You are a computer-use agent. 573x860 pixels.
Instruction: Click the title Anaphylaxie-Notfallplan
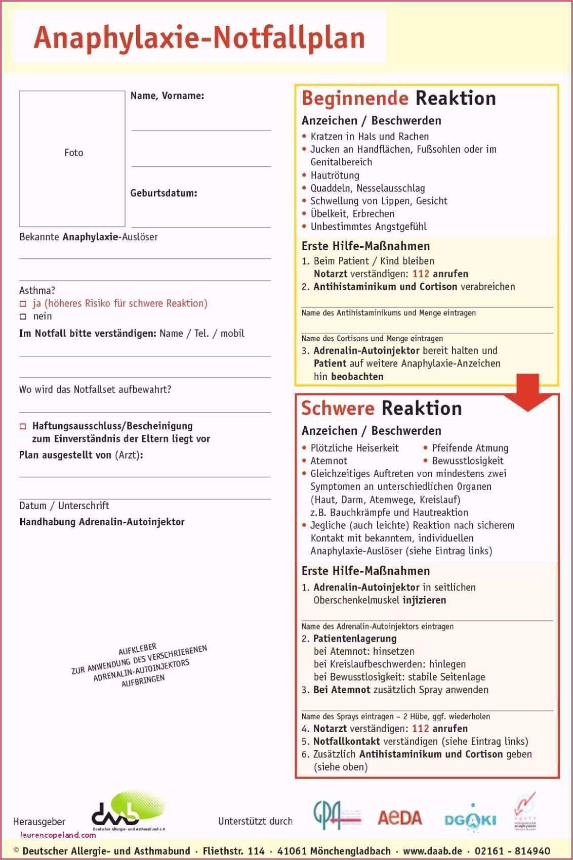[x=199, y=38]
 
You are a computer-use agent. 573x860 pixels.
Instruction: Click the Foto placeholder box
[x=72, y=158]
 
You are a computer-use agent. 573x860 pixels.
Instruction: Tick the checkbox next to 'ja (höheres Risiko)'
[x=23, y=304]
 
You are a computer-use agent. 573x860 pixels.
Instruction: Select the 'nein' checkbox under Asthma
[x=23, y=316]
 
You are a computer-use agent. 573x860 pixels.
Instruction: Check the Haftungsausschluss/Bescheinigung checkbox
[x=23, y=426]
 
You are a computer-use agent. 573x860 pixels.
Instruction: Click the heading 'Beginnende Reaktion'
[x=398, y=98]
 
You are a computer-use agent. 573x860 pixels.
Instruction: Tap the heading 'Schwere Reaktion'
[x=381, y=408]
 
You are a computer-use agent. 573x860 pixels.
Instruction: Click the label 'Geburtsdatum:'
[x=163, y=193]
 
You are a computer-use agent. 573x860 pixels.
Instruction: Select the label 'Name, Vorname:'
[x=167, y=96]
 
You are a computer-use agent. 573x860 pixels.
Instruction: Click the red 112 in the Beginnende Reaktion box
[x=421, y=274]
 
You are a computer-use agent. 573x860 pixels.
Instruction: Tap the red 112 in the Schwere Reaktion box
[x=420, y=729]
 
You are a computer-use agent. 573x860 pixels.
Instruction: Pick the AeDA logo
[x=399, y=818]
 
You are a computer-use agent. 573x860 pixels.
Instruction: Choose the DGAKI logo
[x=470, y=819]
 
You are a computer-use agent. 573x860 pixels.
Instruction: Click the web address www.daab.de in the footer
[x=432, y=851]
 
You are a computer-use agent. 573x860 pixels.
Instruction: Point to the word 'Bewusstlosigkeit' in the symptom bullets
[x=467, y=461]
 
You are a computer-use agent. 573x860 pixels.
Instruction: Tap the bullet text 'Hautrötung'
[x=335, y=175]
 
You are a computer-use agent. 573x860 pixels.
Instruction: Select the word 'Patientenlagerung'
[x=355, y=639]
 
